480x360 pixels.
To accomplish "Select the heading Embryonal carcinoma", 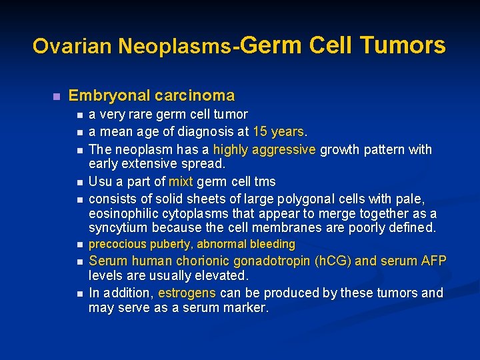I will pos(151,95).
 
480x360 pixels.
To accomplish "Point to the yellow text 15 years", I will pos(278,132).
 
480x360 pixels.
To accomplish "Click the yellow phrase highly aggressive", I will pos(264,149).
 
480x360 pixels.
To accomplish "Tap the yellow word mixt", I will pos(181,181).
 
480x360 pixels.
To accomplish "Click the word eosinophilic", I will pos(123,213).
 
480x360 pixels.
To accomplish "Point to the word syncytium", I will pos(117,228).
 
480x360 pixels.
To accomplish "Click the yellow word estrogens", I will pos(187,293).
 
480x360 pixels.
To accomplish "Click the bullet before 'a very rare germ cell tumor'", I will pos(80,115).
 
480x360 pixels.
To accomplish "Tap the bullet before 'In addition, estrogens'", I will pos(80,293).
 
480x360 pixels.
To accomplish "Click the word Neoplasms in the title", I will pos(175,46).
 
